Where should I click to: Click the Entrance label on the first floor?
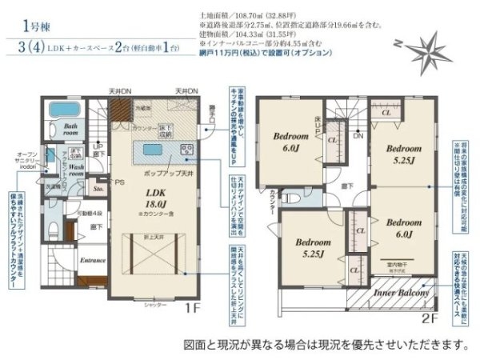coord(94,260)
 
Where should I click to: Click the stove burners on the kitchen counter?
coord(186,150)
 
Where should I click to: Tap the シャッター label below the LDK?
coord(155,306)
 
